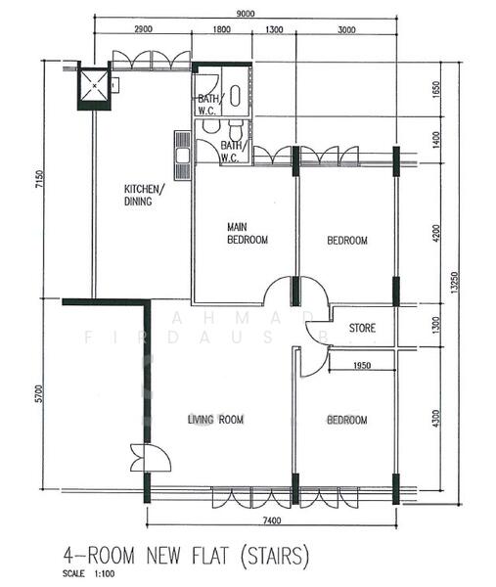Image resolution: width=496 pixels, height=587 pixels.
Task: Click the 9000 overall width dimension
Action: click(x=246, y=13)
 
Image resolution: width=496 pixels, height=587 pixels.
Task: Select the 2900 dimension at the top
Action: click(x=142, y=31)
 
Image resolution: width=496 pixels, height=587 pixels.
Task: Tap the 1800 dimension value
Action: click(x=223, y=31)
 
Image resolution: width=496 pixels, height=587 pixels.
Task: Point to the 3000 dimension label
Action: click(x=346, y=31)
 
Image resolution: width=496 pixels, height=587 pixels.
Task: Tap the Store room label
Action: click(x=362, y=328)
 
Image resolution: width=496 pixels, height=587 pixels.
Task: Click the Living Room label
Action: click(x=215, y=420)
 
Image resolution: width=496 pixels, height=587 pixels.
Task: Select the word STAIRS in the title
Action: click(x=272, y=557)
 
